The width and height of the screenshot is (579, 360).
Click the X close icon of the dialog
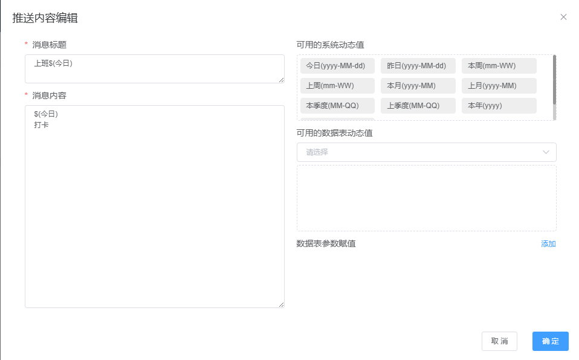pos(563,17)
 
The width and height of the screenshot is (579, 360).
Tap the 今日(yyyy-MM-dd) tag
pos(337,66)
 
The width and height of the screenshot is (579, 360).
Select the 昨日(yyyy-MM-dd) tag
pos(418,66)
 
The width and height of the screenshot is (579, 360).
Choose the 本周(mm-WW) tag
pos(499,66)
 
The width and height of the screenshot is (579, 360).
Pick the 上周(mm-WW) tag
pos(337,86)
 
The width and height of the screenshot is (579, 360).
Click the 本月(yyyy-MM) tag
pos(418,86)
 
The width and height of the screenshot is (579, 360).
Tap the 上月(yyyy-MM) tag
pos(499,86)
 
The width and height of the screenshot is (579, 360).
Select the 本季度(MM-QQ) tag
pos(337,106)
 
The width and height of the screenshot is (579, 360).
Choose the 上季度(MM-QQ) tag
pos(418,106)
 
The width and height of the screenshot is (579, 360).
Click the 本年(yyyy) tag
pos(499,106)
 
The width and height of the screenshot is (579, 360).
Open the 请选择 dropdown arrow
pos(546,152)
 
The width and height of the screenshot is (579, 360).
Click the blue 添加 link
pos(548,243)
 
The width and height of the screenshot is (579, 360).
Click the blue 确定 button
pos(550,341)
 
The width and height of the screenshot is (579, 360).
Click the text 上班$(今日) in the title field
pos(53,63)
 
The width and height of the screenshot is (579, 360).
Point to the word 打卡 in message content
pos(41,125)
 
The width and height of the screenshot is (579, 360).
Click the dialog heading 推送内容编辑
pos(45,18)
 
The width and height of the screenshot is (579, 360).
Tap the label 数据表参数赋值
pos(326,243)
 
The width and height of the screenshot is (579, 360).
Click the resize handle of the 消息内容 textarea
pos(282,304)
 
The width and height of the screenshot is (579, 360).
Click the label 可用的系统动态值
pos(330,45)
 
